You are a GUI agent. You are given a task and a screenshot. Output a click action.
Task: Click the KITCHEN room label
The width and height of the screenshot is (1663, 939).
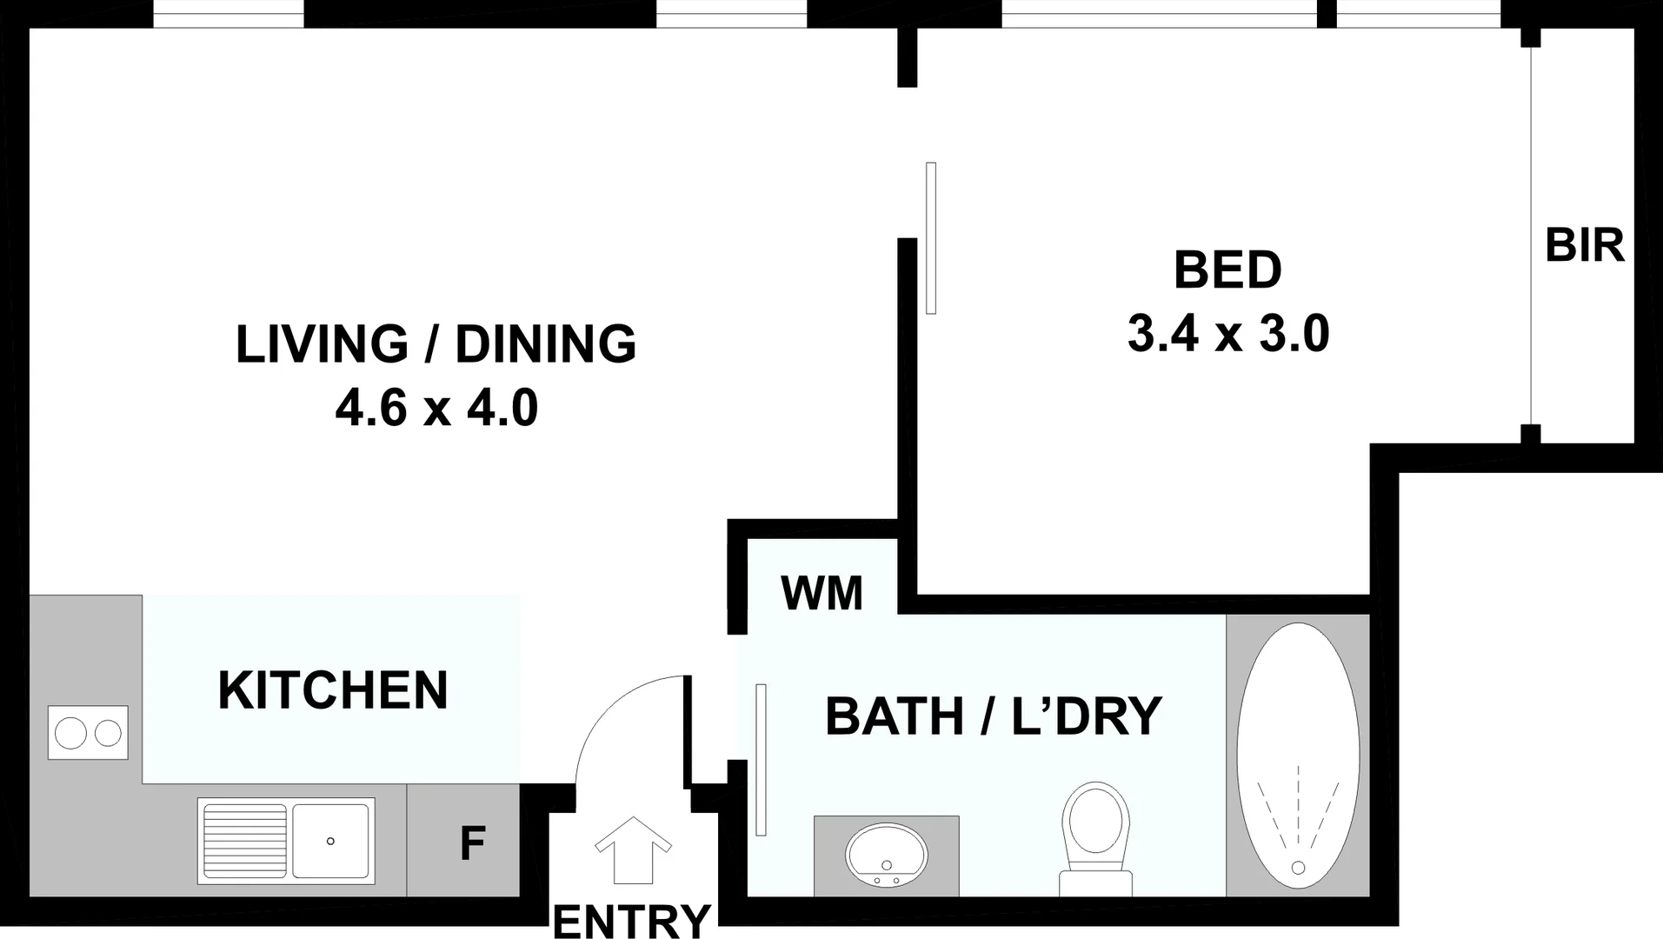[x=333, y=690]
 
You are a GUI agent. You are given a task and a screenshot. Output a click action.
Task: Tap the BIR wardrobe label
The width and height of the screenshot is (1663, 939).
[x=1584, y=246]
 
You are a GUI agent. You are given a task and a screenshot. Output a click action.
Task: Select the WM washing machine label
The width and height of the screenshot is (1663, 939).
[x=822, y=594]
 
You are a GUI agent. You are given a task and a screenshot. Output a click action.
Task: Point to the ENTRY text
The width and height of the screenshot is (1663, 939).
[x=632, y=921]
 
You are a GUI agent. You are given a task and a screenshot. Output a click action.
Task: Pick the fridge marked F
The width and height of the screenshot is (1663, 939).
[x=471, y=842]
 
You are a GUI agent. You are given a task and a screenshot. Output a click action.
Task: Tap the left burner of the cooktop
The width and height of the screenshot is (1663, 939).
[x=70, y=733]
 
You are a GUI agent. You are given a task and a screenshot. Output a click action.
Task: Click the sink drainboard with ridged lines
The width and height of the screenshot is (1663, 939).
[x=244, y=841]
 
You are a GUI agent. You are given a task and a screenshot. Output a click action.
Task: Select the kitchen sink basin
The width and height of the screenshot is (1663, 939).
[x=331, y=841]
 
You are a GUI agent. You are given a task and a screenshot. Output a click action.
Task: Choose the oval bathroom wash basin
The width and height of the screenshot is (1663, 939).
[x=886, y=854]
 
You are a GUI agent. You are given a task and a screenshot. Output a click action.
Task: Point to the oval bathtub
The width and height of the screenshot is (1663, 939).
[x=1298, y=755]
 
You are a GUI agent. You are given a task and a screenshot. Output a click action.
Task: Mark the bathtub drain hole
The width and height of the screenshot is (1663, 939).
[x=1298, y=867]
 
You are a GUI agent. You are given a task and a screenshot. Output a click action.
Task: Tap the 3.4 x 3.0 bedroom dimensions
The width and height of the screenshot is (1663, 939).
[x=1227, y=334]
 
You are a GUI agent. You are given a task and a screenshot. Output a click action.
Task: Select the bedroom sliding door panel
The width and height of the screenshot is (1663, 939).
[x=931, y=237]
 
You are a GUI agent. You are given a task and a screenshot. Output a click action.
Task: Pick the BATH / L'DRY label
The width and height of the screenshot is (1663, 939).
[x=993, y=716]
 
